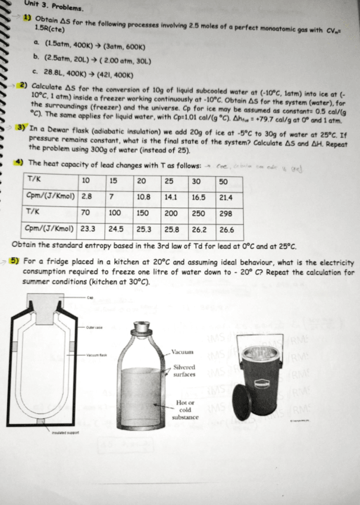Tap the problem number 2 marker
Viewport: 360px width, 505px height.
(23, 85)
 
